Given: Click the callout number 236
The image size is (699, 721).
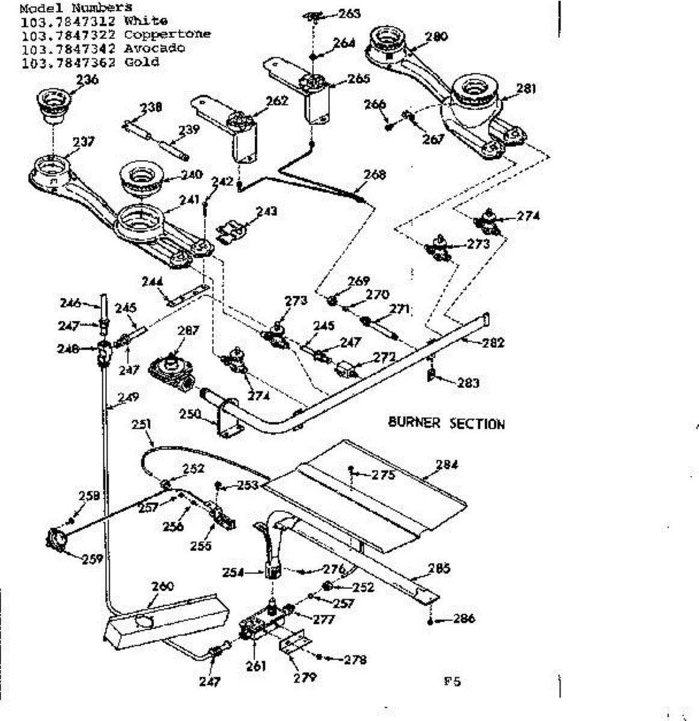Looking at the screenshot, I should click(x=88, y=80).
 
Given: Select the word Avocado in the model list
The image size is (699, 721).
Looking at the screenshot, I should click(x=155, y=48).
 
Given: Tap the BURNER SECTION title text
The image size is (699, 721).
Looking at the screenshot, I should click(x=446, y=423).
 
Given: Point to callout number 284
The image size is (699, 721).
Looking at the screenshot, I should click(x=447, y=464).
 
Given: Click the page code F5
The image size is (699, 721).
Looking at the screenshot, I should click(x=452, y=681).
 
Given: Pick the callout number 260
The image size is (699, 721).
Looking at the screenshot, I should click(x=163, y=586).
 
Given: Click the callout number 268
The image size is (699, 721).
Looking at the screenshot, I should click(x=375, y=175).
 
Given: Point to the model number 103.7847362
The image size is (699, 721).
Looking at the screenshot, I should click(x=68, y=62).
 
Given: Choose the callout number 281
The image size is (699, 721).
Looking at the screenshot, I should click(x=526, y=88).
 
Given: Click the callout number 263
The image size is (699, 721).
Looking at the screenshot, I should click(x=349, y=14).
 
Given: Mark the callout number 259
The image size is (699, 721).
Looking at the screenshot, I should click(x=92, y=558).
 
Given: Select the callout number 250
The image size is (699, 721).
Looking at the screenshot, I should click(x=191, y=413).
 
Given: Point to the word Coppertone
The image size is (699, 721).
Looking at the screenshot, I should click(x=167, y=34).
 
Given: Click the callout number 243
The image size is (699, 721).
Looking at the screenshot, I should click(x=266, y=211).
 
